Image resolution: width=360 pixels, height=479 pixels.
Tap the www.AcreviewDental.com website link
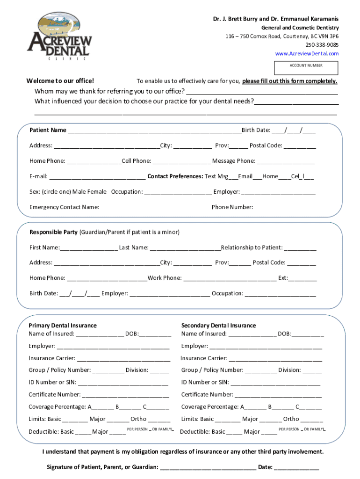coord(307,54)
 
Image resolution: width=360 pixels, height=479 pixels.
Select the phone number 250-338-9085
coord(322,45)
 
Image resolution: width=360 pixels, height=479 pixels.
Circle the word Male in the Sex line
coord(87,192)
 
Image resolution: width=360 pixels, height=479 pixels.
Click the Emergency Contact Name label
coord(64,207)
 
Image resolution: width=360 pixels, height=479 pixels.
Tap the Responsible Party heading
coord(54,232)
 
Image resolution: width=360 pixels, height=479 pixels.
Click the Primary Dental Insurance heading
coord(63,326)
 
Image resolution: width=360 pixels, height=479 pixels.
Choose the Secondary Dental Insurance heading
coord(218,326)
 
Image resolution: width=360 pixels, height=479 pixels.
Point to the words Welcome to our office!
coord(60,81)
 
